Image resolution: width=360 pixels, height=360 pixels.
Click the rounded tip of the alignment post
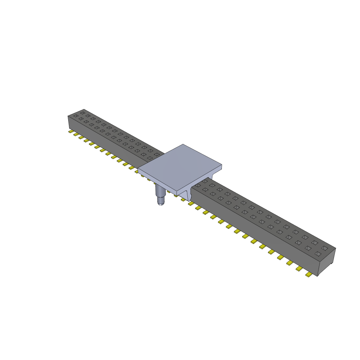(x=161, y=203)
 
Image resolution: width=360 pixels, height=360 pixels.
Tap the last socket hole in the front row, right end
(x=318, y=253)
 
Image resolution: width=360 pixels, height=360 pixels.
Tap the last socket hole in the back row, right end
(x=324, y=248)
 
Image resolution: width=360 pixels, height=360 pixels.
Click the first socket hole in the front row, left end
(x=76, y=116)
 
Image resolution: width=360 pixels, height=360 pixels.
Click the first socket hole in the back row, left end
(x=83, y=113)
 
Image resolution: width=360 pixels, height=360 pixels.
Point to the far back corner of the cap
(x=183, y=144)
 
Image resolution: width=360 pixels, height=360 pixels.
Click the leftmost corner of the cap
(x=138, y=170)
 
